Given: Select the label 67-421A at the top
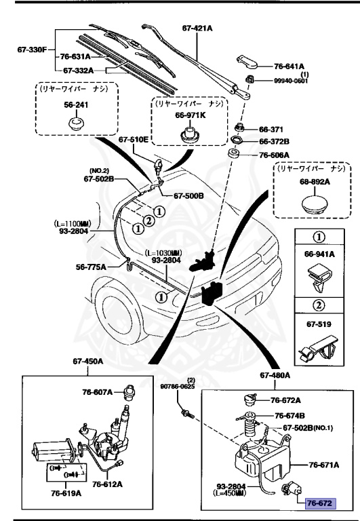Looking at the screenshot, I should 197,28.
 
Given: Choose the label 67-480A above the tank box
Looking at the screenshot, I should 274,374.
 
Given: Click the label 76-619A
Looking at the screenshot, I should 65,493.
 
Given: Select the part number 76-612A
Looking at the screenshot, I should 107,484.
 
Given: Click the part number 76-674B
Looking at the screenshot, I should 289,415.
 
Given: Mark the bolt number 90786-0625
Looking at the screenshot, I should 178,387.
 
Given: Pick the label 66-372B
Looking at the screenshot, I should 274,142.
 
